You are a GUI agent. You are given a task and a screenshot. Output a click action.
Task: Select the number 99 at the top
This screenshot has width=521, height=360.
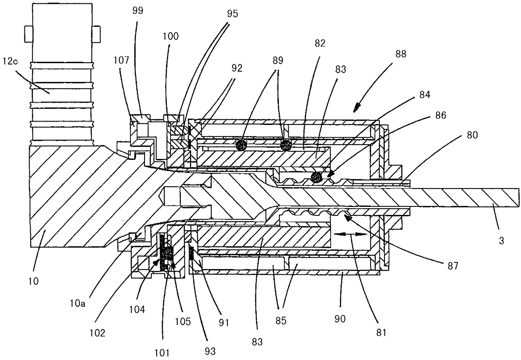[x=137, y=11]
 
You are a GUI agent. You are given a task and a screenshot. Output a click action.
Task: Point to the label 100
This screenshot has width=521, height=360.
[x=172, y=36]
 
